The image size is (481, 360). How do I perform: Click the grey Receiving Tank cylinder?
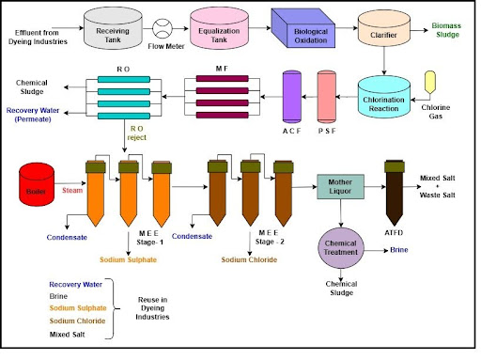click(113, 28)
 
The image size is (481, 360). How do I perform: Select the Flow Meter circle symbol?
click(163, 28)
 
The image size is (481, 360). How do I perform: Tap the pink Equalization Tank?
click(219, 28)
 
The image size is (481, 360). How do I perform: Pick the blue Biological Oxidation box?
click(303, 28)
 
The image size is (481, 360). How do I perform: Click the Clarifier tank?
click(384, 28)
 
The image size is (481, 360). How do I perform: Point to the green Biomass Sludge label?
click(446, 30)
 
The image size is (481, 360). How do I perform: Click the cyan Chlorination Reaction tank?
click(384, 97)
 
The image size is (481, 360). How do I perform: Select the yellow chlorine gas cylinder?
click(430, 82)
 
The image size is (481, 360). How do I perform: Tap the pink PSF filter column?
click(327, 97)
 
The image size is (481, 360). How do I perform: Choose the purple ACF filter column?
click(292, 97)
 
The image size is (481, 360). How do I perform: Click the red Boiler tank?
click(37, 184)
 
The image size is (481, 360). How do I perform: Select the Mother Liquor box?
click(340, 187)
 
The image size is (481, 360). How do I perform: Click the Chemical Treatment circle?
click(341, 248)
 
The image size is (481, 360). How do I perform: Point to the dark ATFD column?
click(395, 193)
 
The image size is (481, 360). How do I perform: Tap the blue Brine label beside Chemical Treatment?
click(399, 250)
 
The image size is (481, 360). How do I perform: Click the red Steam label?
click(72, 190)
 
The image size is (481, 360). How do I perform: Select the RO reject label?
click(137, 133)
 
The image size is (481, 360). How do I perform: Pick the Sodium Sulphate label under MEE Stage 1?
click(128, 259)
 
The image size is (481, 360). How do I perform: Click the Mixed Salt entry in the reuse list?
click(67, 335)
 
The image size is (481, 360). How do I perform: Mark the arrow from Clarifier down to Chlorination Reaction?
click(384, 61)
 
